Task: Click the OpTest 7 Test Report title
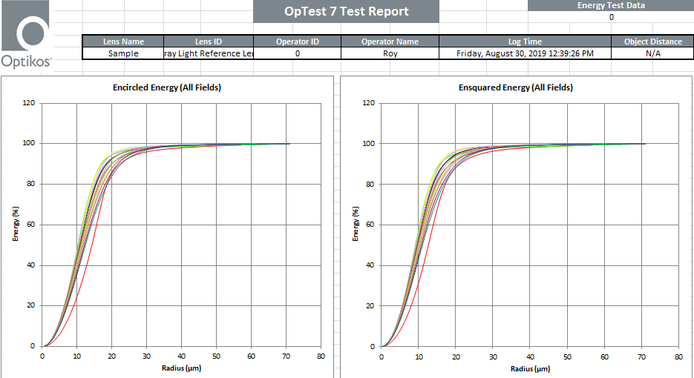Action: tap(346, 12)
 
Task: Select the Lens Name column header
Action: tap(122, 42)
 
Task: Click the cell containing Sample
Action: tap(122, 53)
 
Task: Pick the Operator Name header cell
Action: tap(390, 42)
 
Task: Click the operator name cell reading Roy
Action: tap(390, 53)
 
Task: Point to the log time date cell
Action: tap(525, 53)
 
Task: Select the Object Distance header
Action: tap(652, 42)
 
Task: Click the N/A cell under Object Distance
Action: tap(652, 53)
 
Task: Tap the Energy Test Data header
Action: tap(611, 5)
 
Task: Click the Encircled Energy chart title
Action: tap(167, 87)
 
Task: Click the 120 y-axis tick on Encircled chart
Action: tap(29, 103)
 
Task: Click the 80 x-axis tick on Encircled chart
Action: tap(321, 357)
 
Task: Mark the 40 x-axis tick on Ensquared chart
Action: tap(530, 357)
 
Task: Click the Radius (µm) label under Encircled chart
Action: tap(181, 368)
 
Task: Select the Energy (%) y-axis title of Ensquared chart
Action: tap(356, 225)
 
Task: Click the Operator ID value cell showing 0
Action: tap(298, 53)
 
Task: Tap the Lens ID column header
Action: tap(208, 42)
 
